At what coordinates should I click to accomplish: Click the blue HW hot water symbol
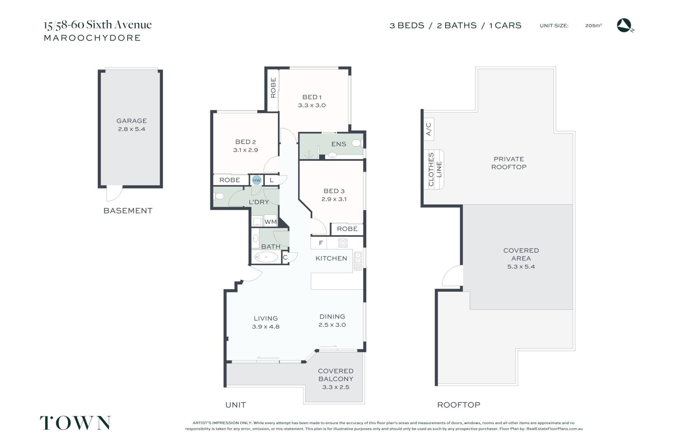(x=257, y=180)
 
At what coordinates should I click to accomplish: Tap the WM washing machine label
(x=270, y=222)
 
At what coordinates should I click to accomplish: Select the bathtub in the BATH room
(x=266, y=257)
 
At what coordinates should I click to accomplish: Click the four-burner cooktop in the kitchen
(x=343, y=243)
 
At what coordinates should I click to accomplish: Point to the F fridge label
(x=321, y=243)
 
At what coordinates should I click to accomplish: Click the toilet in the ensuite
(x=357, y=143)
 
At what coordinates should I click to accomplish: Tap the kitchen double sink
(x=358, y=261)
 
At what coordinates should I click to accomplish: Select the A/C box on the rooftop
(x=428, y=129)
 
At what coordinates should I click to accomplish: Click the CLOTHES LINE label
(x=435, y=170)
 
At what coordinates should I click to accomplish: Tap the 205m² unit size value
(x=593, y=26)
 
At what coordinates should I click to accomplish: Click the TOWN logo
(x=75, y=423)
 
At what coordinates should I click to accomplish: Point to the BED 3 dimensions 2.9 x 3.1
(x=334, y=199)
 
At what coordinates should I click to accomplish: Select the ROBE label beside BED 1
(x=273, y=88)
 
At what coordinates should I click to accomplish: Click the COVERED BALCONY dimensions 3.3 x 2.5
(x=335, y=387)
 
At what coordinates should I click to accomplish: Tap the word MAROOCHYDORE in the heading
(x=92, y=38)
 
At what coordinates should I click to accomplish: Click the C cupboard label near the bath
(x=285, y=257)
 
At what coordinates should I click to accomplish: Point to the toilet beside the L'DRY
(x=218, y=195)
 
